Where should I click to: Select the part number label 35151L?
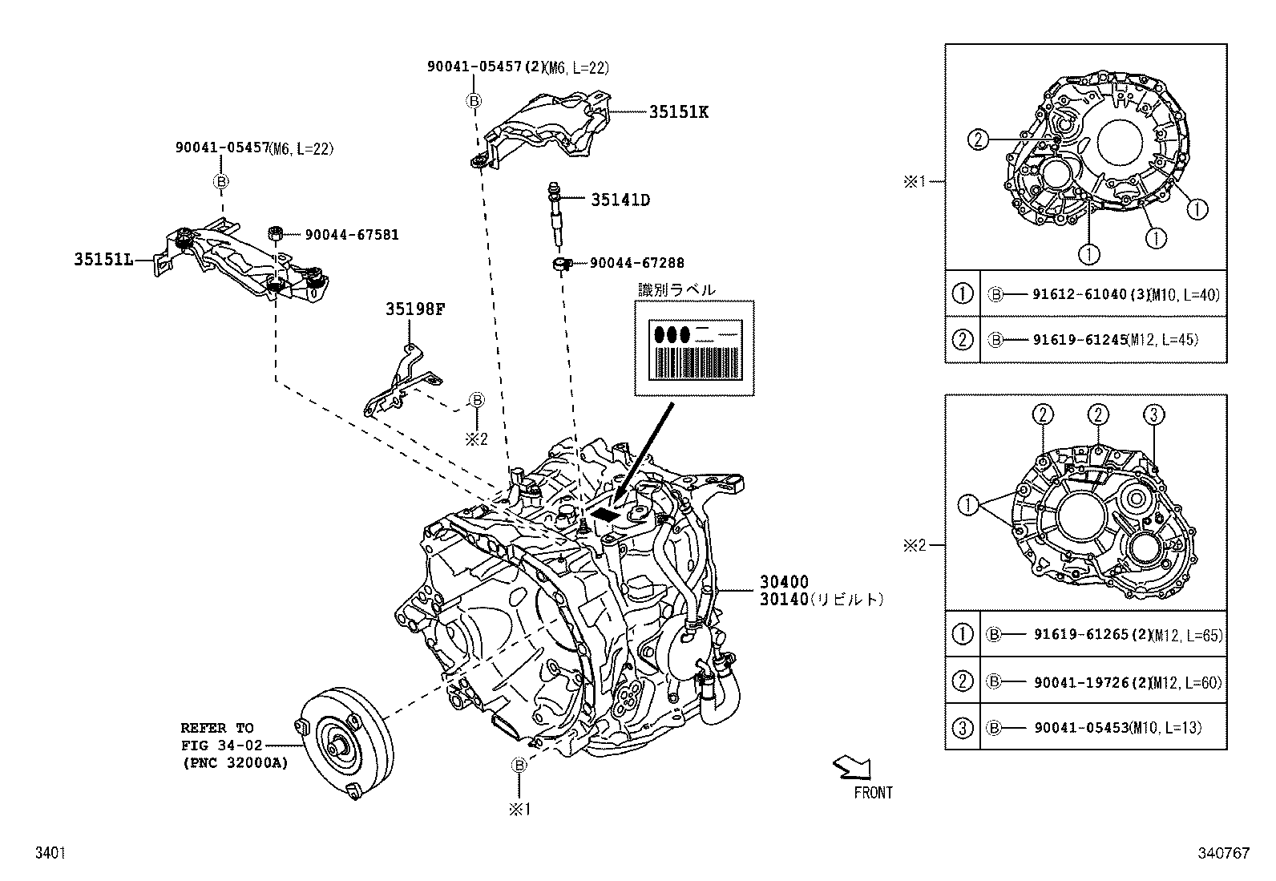pyautogui.click(x=103, y=259)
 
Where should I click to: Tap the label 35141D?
pyautogui.click(x=620, y=200)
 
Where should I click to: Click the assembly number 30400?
pyautogui.click(x=785, y=582)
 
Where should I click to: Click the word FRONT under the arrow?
pyautogui.click(x=873, y=793)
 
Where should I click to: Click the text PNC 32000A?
pyautogui.click(x=233, y=763)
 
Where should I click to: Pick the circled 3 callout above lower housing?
pyautogui.click(x=1153, y=414)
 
